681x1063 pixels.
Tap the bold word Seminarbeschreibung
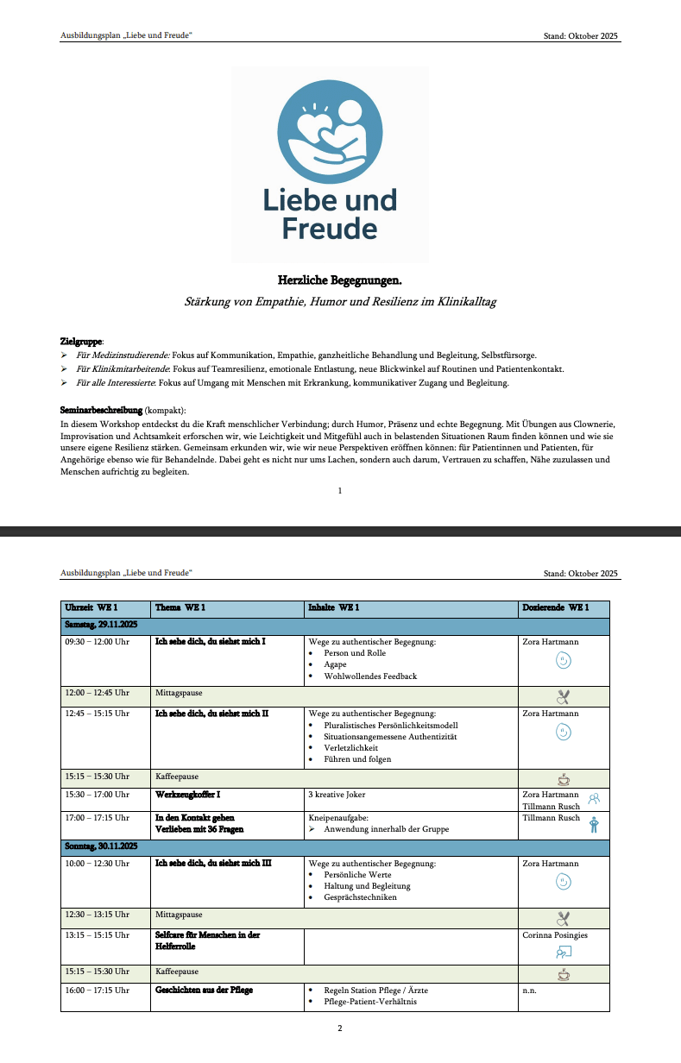pyautogui.click(x=100, y=410)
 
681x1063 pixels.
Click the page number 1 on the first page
pyautogui.click(x=340, y=490)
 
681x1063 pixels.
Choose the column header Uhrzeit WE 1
pyautogui.click(x=91, y=609)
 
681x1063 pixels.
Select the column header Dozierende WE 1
pyautogui.click(x=556, y=609)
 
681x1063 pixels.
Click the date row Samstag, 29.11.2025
pyautogui.click(x=103, y=625)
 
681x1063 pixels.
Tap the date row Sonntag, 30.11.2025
pyautogui.click(x=103, y=847)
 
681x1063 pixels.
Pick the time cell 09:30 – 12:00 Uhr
pyautogui.click(x=97, y=642)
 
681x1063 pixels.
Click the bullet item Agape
pyautogui.click(x=336, y=664)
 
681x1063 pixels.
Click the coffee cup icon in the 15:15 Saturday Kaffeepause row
pyautogui.click(x=564, y=778)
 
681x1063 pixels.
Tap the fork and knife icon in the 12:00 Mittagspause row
pyautogui.click(x=564, y=695)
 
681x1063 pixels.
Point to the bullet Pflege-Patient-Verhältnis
pyautogui.click(x=370, y=1002)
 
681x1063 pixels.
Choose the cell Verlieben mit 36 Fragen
pyautogui.click(x=199, y=829)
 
